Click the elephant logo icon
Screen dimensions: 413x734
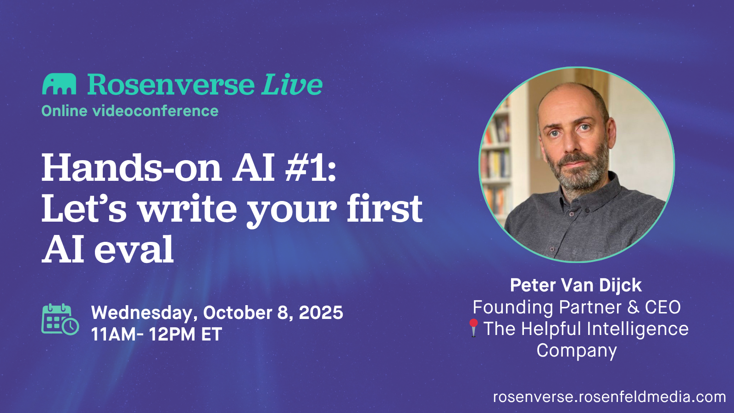coord(59,84)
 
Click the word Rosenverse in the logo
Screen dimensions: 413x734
coord(171,85)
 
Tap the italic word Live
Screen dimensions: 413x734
coord(292,85)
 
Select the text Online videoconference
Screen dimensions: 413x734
coord(130,111)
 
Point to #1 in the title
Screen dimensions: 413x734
coord(311,168)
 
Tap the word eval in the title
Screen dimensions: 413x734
coord(134,250)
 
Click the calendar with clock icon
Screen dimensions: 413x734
coord(60,319)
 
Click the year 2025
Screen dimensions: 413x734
coord(321,313)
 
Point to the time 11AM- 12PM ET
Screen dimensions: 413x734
coord(156,335)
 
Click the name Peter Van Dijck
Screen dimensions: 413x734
coord(576,285)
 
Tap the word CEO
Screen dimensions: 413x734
coord(663,307)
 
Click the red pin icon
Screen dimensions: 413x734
coord(474,327)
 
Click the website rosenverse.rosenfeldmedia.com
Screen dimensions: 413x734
coord(609,397)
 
